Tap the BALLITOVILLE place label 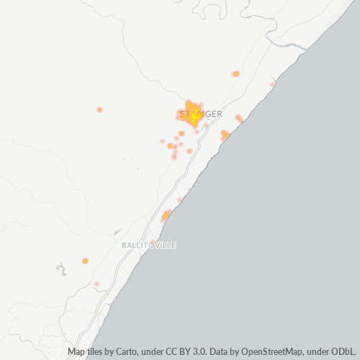149,246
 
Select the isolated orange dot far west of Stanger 99,109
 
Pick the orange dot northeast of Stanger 235,73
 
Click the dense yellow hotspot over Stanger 192,112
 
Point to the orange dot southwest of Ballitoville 85,261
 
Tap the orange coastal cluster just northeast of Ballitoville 166,215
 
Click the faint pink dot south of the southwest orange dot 96,284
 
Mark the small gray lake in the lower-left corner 60,270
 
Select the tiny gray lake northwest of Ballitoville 117,232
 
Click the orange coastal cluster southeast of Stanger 225,134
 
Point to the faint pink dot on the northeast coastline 272,84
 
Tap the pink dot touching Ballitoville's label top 153,241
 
